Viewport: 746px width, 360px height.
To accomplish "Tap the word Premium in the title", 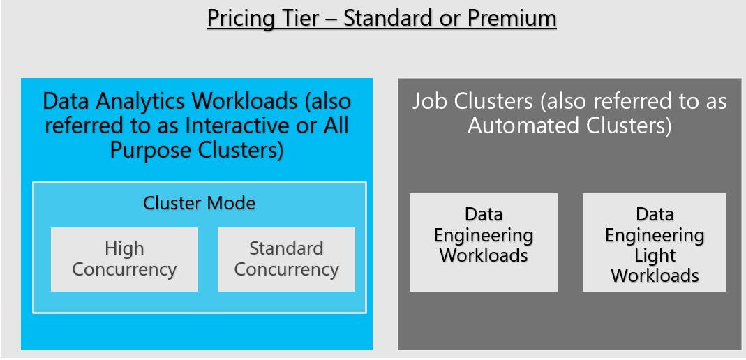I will click(x=512, y=18).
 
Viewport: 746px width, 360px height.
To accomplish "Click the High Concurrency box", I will click(x=124, y=259).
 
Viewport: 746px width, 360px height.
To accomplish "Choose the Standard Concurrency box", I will click(x=286, y=259).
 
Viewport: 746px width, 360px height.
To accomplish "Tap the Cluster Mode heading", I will click(x=199, y=203).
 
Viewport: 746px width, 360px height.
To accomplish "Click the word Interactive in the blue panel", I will click(x=237, y=126).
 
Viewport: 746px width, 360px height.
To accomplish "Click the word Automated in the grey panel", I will click(x=519, y=126).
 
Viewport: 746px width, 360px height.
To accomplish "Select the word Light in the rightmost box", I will click(x=655, y=255).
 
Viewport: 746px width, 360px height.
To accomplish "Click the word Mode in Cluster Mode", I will click(x=231, y=203).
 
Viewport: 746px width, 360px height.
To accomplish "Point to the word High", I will click(x=124, y=248).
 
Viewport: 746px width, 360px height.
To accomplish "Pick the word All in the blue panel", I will click(x=335, y=126).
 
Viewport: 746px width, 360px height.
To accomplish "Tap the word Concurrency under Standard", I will click(x=286, y=269).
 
